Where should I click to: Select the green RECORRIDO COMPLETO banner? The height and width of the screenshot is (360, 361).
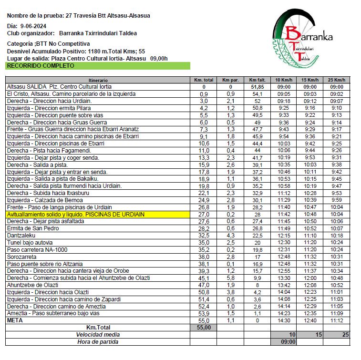point(97,66)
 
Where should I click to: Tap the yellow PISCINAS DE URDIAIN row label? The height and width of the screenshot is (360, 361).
point(75,215)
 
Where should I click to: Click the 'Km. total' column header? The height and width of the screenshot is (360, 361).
point(204,80)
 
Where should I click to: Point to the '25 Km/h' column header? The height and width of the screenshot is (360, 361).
point(336,80)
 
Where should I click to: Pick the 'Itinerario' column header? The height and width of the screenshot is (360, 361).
point(98,80)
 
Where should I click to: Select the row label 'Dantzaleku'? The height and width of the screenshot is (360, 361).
point(22,236)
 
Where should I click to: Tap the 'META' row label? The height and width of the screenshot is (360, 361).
point(15,320)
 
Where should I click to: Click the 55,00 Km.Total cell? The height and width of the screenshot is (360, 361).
point(204,328)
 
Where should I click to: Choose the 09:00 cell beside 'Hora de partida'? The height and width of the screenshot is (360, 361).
point(283,341)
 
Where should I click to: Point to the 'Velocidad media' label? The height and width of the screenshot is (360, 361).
point(98,335)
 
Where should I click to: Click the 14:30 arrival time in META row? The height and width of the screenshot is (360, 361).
point(283,320)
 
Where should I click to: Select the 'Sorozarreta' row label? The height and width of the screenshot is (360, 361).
point(22,257)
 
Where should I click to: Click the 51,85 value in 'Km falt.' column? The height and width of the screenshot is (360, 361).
point(257,87)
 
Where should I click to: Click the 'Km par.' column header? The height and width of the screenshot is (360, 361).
point(230,80)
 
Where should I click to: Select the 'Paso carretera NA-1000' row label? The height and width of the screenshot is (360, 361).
point(37,249)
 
